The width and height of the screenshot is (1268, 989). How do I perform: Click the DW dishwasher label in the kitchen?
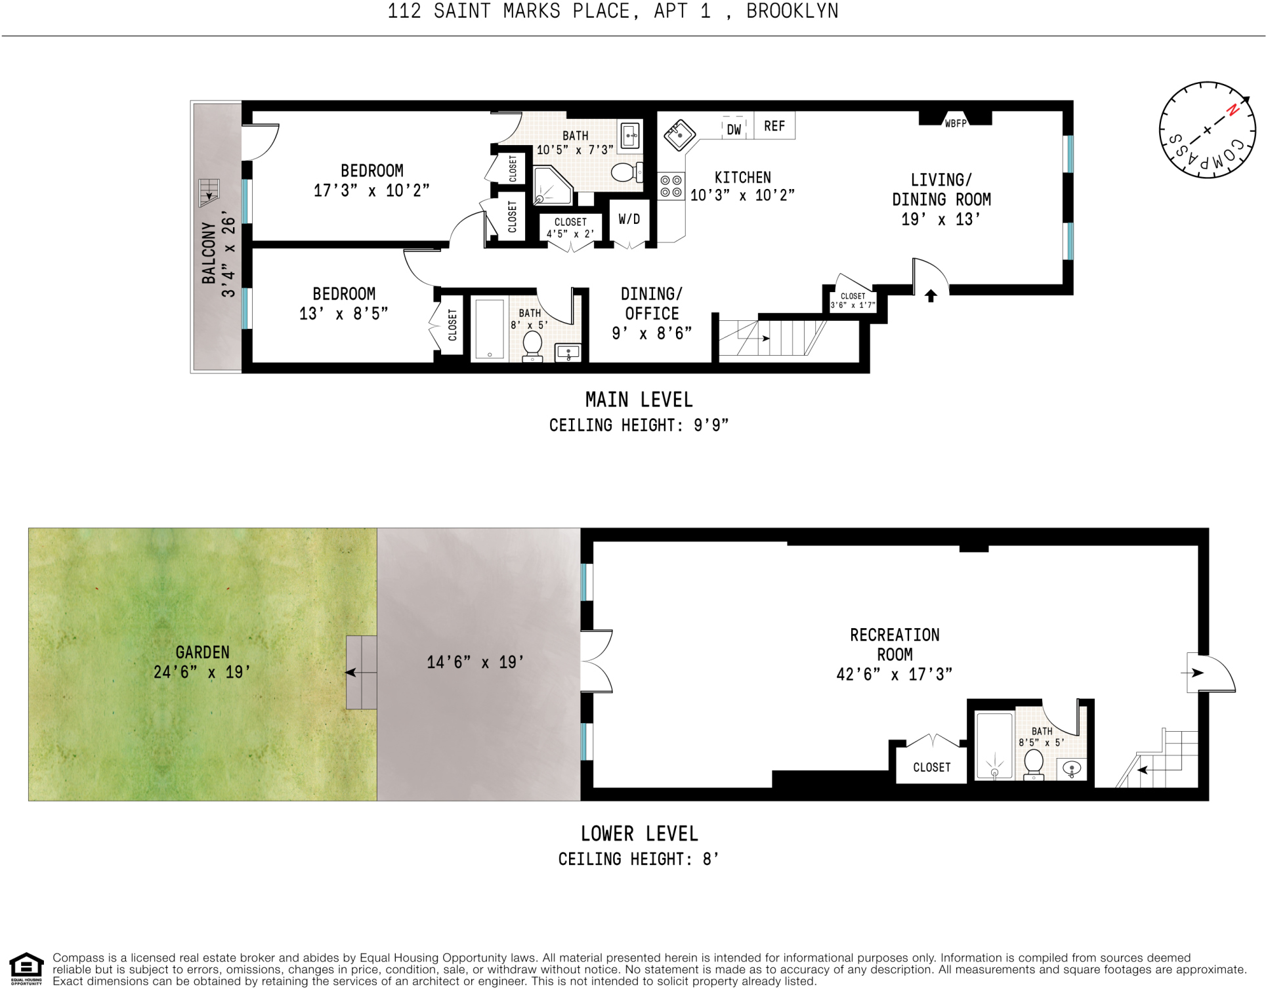tap(734, 129)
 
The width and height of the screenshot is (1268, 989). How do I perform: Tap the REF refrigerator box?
tap(774, 126)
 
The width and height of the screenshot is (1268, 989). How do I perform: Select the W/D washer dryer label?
tap(629, 219)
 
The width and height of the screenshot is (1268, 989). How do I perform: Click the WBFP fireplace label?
tap(956, 123)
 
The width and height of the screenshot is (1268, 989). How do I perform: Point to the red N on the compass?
tap(1233, 110)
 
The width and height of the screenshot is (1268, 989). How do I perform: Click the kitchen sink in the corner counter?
tap(679, 135)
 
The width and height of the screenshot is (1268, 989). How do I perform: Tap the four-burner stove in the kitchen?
tap(671, 186)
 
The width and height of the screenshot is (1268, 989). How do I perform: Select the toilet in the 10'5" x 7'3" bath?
tap(624, 173)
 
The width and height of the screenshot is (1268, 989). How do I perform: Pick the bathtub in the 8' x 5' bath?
tap(490, 329)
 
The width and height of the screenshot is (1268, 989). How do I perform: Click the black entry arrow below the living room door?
tap(931, 296)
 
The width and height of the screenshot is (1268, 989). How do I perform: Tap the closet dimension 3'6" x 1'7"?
tap(853, 305)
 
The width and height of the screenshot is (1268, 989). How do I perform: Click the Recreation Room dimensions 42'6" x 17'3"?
tap(894, 674)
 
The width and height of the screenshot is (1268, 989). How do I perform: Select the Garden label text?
tap(202, 652)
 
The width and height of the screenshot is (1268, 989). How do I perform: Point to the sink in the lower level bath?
tap(1071, 768)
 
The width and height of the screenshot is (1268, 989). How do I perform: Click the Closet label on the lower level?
tap(931, 767)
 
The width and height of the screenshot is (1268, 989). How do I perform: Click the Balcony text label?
tap(209, 253)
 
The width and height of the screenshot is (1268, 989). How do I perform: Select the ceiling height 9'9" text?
tap(639, 425)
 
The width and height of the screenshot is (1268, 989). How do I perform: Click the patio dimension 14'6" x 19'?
tap(475, 662)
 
